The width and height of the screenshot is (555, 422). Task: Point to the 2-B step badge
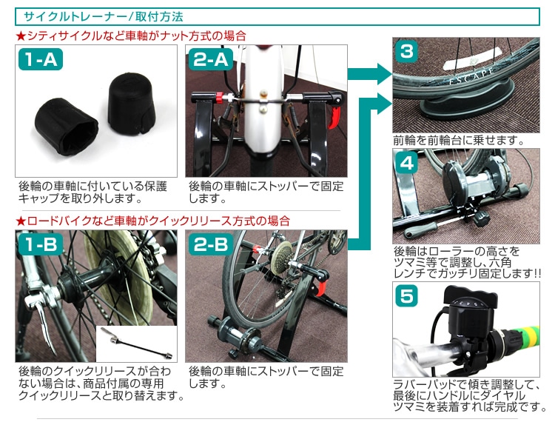(210, 245)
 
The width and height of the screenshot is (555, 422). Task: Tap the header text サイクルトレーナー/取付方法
(103, 16)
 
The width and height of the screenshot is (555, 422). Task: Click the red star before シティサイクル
(20, 36)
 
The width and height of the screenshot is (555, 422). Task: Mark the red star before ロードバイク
(20, 221)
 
